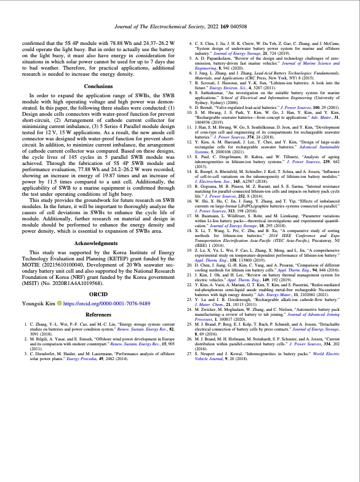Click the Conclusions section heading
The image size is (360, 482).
click(98, 86)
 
